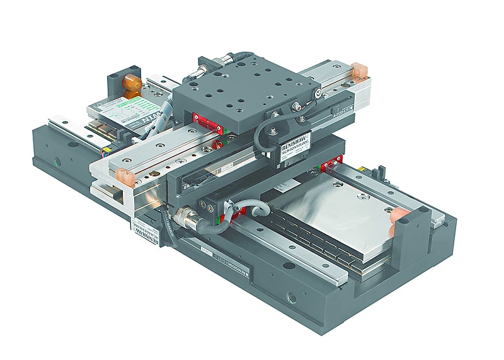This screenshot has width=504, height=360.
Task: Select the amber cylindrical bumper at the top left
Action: [x=132, y=84]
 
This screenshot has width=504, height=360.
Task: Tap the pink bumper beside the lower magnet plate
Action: [x=399, y=216]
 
